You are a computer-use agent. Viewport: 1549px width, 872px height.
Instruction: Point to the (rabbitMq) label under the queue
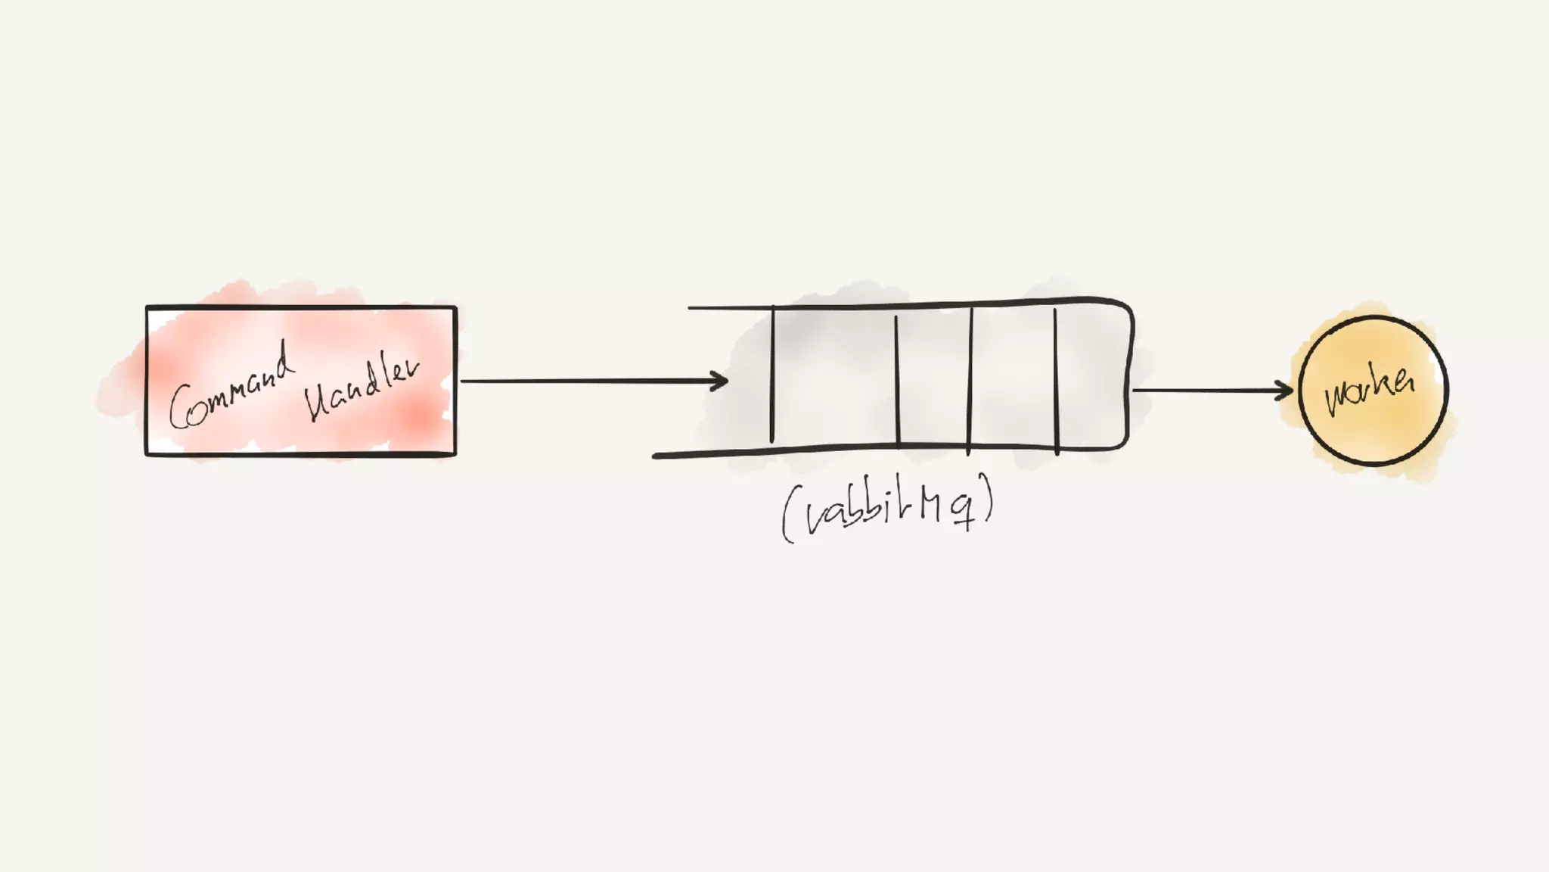[x=887, y=512]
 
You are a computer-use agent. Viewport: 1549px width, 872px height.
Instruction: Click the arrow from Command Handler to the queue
[x=590, y=381]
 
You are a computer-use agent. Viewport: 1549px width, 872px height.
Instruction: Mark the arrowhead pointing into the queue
[x=719, y=381]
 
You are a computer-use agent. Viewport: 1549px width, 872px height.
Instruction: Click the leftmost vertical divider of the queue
[x=772, y=375]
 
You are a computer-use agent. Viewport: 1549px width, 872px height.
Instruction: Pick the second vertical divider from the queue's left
[x=897, y=378]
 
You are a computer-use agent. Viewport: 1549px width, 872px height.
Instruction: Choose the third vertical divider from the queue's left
[x=970, y=378]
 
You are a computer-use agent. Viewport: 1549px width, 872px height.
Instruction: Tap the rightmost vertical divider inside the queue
[x=1056, y=378]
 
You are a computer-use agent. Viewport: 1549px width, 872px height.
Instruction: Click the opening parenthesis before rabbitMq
[x=788, y=515]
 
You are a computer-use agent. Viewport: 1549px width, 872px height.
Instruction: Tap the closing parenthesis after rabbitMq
[x=987, y=503]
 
